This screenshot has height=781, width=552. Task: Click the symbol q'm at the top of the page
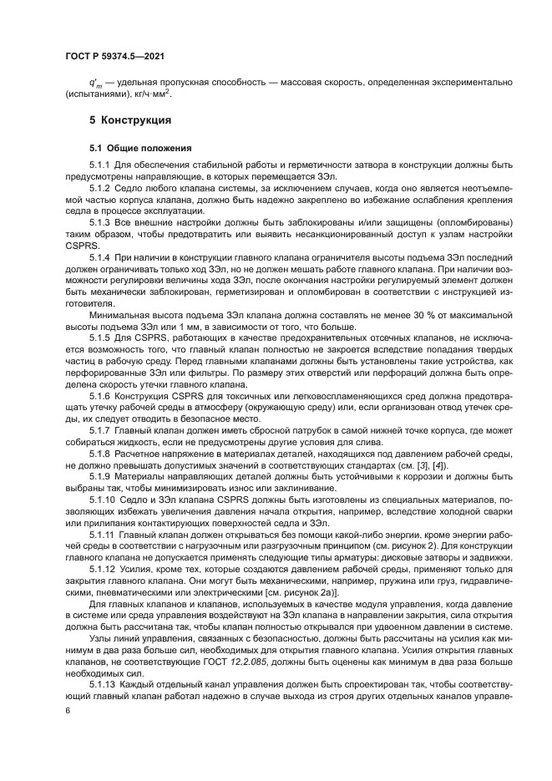coord(95,84)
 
